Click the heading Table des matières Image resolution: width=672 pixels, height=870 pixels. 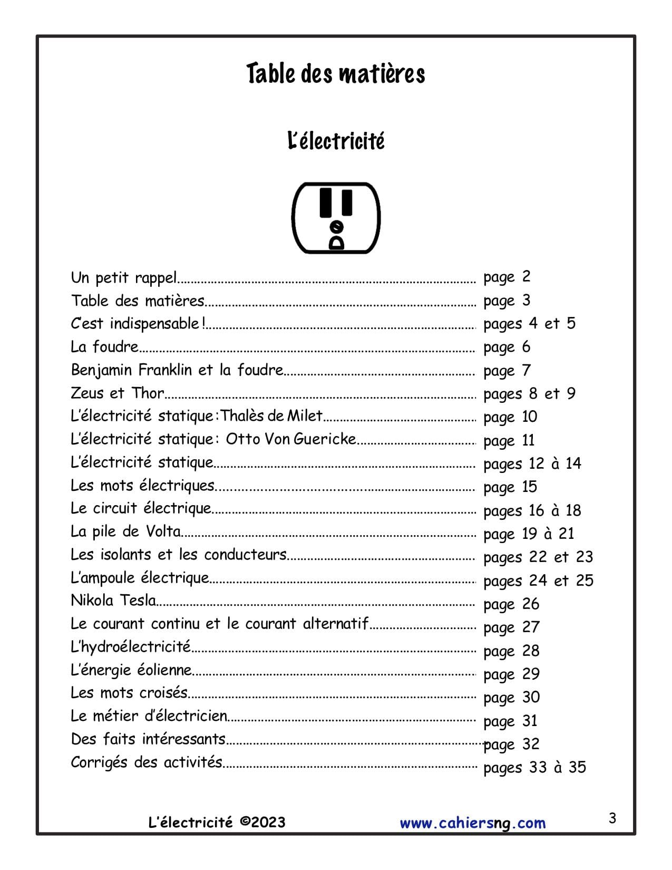(x=336, y=73)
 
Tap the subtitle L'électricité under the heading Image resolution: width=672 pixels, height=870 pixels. (x=336, y=141)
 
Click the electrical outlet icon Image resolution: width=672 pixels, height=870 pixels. (x=336, y=218)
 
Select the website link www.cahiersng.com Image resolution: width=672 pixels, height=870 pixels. (x=473, y=823)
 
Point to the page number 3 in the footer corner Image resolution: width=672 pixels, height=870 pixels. (x=612, y=819)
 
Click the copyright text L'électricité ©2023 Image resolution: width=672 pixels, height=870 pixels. (x=217, y=822)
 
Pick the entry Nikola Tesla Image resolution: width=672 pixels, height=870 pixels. (x=113, y=600)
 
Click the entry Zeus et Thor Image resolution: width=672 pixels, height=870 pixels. (x=117, y=393)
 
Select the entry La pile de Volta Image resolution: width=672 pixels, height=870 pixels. (x=125, y=531)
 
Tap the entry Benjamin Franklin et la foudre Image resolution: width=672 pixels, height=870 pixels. (x=177, y=370)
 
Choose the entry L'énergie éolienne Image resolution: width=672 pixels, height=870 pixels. (x=131, y=670)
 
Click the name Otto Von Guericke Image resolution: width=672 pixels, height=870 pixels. (x=291, y=439)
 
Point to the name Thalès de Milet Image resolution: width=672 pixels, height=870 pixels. (x=271, y=416)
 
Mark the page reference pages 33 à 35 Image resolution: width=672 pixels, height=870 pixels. (x=534, y=768)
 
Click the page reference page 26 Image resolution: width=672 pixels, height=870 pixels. (x=511, y=604)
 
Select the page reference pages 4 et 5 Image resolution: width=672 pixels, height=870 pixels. (x=529, y=324)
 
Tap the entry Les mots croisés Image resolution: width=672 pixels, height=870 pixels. (x=129, y=692)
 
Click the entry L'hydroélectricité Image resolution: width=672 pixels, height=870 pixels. (x=130, y=646)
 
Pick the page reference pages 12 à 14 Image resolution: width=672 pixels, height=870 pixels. (x=532, y=464)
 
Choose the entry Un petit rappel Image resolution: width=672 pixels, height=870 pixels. (x=124, y=277)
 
